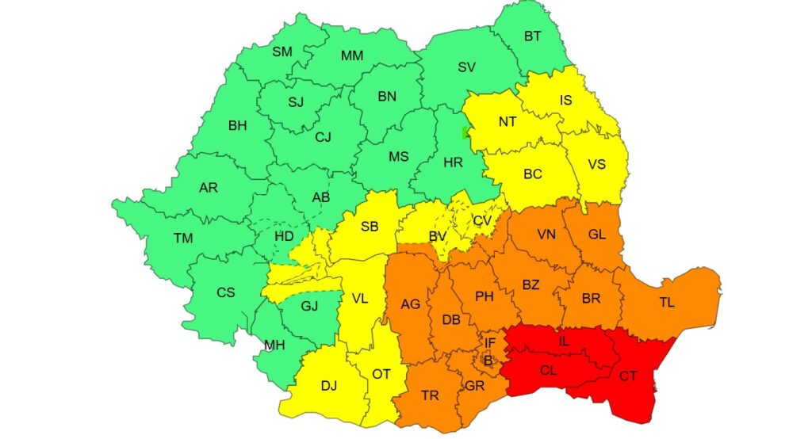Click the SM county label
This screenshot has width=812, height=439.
(x=282, y=52)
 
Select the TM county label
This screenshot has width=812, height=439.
(x=183, y=238)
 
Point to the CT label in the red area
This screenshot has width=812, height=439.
(x=628, y=376)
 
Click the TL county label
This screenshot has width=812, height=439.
(x=666, y=302)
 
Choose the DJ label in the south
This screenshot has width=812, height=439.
(x=328, y=386)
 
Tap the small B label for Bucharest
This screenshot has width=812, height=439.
(x=488, y=361)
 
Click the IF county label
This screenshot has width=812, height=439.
(x=491, y=343)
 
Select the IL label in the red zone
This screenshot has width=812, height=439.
(x=564, y=342)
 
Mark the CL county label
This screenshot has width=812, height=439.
(x=549, y=369)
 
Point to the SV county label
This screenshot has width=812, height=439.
(x=466, y=67)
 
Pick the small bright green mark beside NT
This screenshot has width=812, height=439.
(x=465, y=132)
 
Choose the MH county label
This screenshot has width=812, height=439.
(x=274, y=345)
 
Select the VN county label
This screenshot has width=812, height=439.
(x=546, y=235)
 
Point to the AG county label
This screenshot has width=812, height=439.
(x=411, y=303)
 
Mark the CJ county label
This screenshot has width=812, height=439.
(x=323, y=137)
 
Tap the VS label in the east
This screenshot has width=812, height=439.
(x=597, y=164)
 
